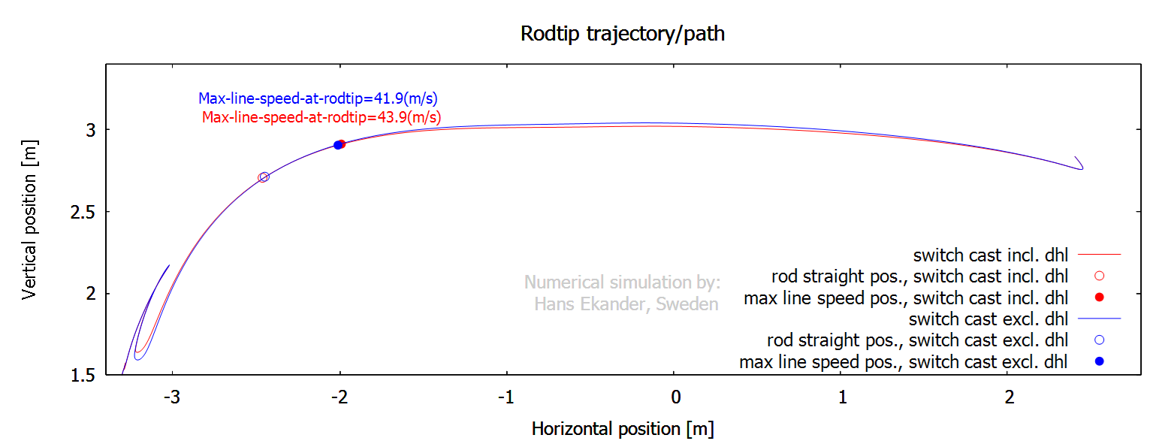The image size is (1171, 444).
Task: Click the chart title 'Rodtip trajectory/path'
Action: [623, 34]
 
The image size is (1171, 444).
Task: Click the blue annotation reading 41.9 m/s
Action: [318, 98]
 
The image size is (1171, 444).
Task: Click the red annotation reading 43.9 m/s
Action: [321, 117]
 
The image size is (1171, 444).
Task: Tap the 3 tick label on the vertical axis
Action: [92, 130]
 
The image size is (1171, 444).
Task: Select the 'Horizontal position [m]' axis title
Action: [623, 429]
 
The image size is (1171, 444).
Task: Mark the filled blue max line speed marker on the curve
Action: [338, 145]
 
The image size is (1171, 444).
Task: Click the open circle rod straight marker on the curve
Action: [264, 177]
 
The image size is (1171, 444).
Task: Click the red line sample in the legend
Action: [1099, 255]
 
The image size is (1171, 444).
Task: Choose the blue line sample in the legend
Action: [1099, 319]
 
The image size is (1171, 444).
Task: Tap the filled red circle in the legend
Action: [1100, 298]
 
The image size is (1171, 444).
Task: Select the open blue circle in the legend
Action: [1100, 340]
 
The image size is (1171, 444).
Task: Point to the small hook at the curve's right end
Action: [1079, 164]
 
